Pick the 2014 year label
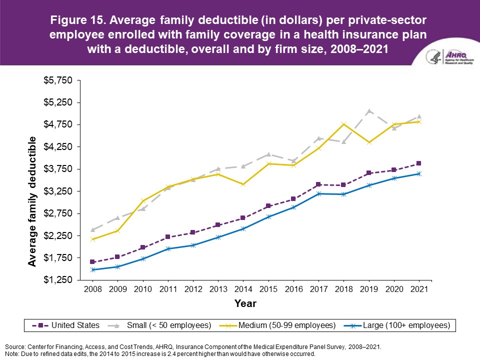click(x=243, y=289)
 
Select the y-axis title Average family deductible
click(x=32, y=201)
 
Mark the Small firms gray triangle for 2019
click(x=369, y=111)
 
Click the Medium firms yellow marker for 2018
click(x=343, y=124)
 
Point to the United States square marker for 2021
click(x=419, y=163)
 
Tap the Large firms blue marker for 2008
click(x=92, y=270)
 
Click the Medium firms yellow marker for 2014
click(x=243, y=184)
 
